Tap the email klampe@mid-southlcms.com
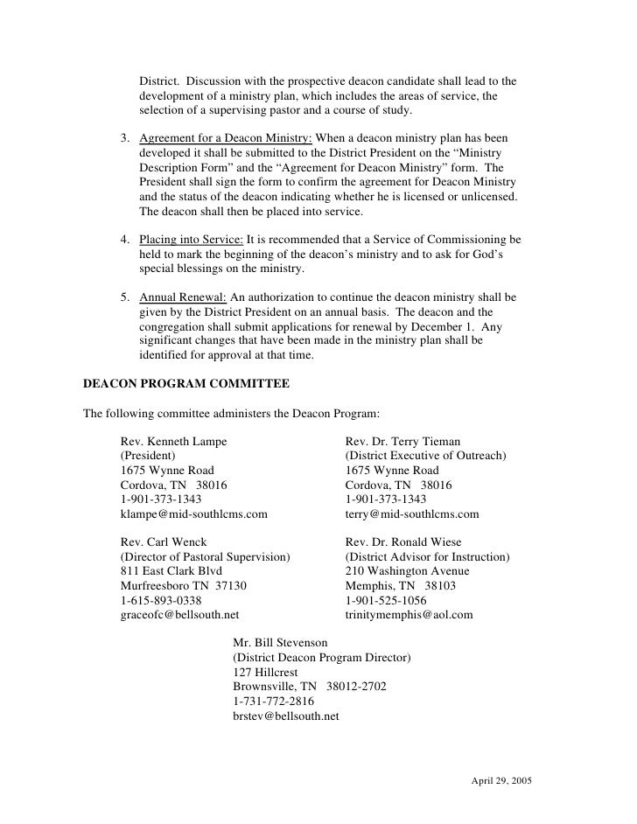pyautogui.click(x=193, y=513)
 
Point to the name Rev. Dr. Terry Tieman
pyautogui.click(x=402, y=442)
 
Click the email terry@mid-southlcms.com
pyautogui.click(x=412, y=513)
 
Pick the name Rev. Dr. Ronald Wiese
pyautogui.click(x=403, y=542)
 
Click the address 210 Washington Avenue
pyautogui.click(x=407, y=571)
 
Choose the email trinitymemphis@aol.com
pyautogui.click(x=409, y=615)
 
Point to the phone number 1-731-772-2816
pyautogui.click(x=274, y=701)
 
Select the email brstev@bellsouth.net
pyautogui.click(x=285, y=716)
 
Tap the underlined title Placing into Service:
pyautogui.click(x=192, y=239)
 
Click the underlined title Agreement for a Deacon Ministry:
pyautogui.click(x=225, y=139)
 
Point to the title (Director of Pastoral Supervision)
pyautogui.click(x=205, y=557)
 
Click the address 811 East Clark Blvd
pyautogui.click(x=171, y=571)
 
